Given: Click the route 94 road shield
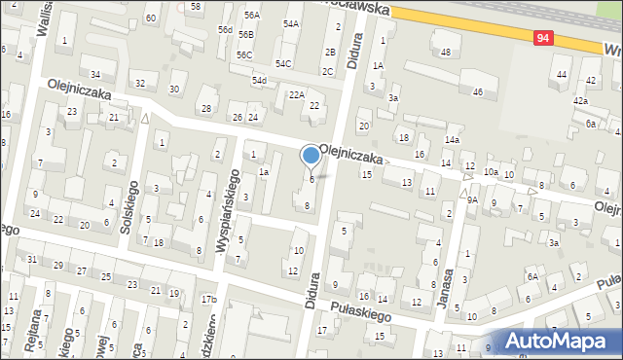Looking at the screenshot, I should coord(544,38).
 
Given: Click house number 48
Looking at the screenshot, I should coord(445,52).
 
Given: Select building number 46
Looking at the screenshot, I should coord(477,91).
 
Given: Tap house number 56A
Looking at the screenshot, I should coord(252,16).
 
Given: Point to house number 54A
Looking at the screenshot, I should coord(291,23).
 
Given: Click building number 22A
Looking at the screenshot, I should coord(297,94).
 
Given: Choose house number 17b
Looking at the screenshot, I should coord(208,299).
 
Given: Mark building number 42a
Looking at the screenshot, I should coord(580,100).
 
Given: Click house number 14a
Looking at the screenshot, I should coord(452,140).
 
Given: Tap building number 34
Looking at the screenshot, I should coord(95,75).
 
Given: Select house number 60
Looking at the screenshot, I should coord(150,18).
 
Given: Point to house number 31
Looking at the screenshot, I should coord(32,259).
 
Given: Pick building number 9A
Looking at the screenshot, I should coord(472,199).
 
